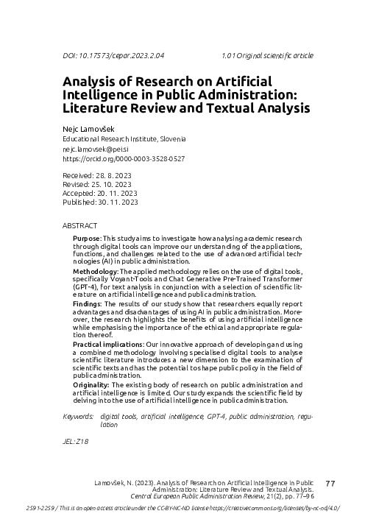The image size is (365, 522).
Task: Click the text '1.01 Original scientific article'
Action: pyautogui.click(x=267, y=55)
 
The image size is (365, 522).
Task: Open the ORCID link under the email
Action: pyautogui.click(x=124, y=158)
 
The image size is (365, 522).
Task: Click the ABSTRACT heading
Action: pyautogui.click(x=80, y=225)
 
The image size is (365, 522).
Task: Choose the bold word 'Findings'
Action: pyautogui.click(x=88, y=303)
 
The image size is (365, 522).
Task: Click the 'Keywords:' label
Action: pyautogui.click(x=79, y=417)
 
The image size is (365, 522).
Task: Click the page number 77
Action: pyautogui.click(x=330, y=483)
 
